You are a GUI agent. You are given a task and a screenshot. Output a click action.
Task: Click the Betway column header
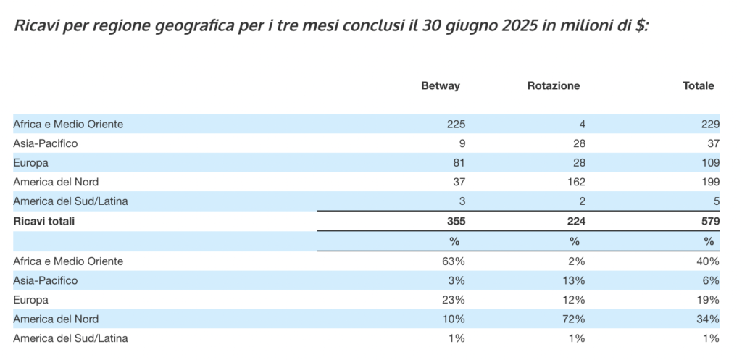click(441, 85)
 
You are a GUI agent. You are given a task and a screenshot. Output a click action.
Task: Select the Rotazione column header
click(554, 85)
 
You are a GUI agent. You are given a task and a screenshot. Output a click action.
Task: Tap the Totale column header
click(699, 85)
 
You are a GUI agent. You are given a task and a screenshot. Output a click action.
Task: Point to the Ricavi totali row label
click(44, 222)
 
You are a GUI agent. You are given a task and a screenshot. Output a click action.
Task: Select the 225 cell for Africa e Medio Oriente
click(456, 124)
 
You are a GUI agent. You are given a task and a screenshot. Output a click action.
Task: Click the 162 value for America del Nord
click(576, 182)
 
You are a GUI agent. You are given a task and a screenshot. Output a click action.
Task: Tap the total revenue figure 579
click(709, 222)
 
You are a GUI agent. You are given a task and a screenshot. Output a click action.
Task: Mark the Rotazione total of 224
click(575, 222)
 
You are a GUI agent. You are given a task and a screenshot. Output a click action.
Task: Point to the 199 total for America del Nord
click(710, 182)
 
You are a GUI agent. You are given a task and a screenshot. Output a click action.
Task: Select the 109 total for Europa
click(710, 162)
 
